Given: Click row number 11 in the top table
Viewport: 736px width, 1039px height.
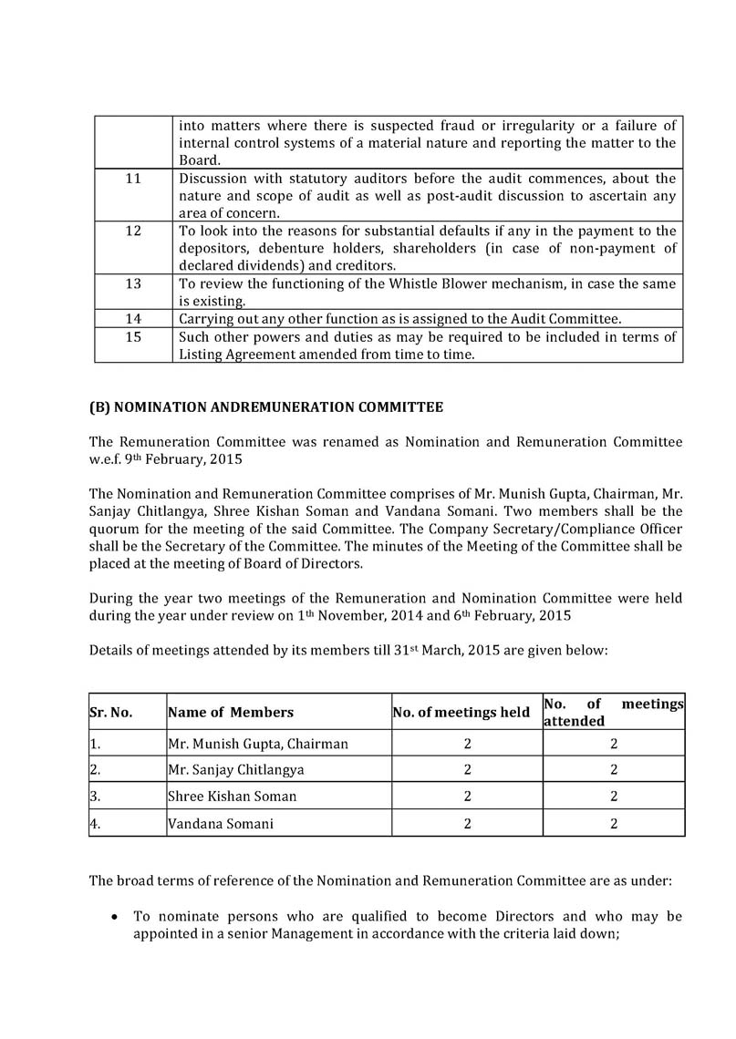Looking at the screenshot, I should [133, 179].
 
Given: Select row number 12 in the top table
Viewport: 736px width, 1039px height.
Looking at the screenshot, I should [133, 231].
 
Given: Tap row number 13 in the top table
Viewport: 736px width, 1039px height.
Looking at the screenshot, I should [133, 284].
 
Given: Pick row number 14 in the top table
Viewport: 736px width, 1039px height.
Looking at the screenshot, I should [133, 319].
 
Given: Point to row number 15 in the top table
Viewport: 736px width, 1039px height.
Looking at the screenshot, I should [133, 337].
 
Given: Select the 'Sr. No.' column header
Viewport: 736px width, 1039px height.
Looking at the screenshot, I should [111, 713].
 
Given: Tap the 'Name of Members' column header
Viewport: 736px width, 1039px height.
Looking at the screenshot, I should [231, 713].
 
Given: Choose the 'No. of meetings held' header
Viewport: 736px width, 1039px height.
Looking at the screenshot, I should [461, 713].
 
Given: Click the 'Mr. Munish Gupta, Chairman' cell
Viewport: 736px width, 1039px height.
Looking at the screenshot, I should [258, 744].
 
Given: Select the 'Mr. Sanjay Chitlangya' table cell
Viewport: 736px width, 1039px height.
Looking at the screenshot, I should [237, 770].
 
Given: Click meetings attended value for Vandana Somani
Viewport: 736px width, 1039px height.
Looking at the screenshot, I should [614, 823].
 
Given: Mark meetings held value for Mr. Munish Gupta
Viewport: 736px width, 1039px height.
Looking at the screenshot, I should [466, 744].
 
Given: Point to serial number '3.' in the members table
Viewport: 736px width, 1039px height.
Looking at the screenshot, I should [95, 797].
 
